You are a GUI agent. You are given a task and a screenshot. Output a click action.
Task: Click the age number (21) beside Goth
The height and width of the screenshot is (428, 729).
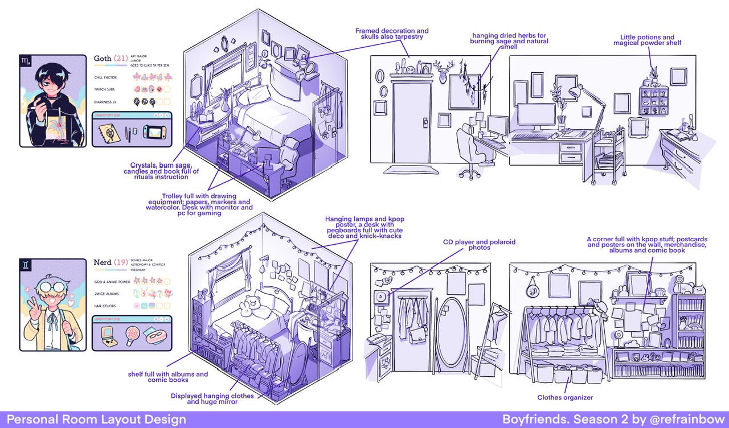point(120,58)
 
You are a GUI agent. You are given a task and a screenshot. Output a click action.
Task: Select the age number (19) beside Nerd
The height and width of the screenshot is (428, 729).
point(120,262)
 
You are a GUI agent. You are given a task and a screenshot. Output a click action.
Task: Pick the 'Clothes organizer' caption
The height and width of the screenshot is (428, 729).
point(564,397)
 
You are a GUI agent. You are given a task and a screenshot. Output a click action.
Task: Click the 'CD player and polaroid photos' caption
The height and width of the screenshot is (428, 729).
point(479,245)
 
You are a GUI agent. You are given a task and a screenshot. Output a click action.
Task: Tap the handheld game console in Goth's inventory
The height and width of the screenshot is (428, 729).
point(155,133)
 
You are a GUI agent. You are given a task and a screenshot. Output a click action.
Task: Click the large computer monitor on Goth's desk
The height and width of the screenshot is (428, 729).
point(536,117)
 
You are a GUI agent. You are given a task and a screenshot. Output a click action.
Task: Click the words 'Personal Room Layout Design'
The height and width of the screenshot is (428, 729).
point(96,419)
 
